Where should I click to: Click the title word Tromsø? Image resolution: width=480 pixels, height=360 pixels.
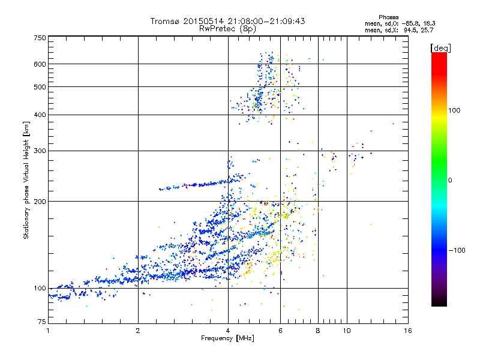coord(166,21)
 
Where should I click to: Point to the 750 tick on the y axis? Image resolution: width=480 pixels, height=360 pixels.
coord(40,38)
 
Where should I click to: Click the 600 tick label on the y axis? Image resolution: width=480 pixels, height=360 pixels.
coord(40,64)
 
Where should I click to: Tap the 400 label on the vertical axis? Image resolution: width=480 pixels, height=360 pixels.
coord(40,115)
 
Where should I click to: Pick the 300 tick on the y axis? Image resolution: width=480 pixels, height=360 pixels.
coord(40,151)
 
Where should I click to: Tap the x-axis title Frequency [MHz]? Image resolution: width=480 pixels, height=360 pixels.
coord(227,338)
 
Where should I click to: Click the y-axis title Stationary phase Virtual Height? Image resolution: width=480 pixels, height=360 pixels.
coord(26,180)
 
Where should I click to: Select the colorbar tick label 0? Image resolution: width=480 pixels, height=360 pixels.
coord(451,180)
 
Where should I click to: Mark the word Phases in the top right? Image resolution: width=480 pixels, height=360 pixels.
coord(390,16)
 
